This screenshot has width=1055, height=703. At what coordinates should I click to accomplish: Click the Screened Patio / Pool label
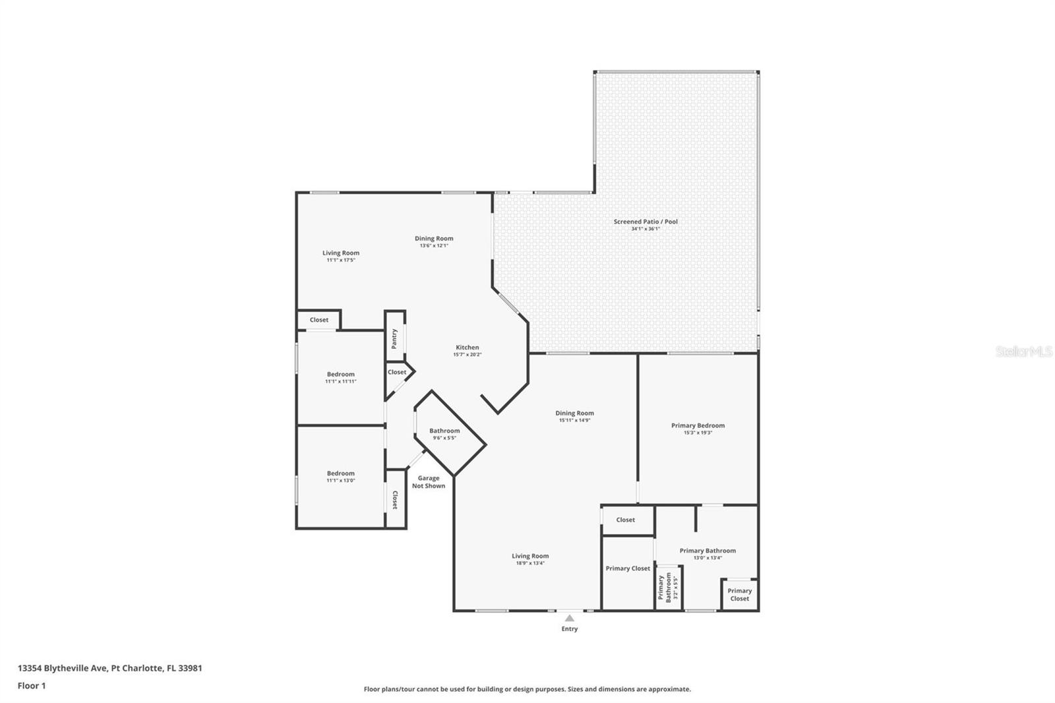[646, 222]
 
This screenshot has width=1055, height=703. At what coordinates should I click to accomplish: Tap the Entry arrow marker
[570, 618]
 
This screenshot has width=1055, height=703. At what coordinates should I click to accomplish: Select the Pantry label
[394, 339]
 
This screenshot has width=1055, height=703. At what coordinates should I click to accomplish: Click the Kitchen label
[467, 348]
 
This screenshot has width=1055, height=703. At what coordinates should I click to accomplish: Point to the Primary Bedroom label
[698, 425]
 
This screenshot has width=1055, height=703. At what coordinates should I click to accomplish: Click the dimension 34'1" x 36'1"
[646, 229]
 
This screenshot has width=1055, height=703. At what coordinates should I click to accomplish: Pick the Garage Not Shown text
[429, 482]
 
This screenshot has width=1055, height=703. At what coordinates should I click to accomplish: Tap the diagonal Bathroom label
[444, 431]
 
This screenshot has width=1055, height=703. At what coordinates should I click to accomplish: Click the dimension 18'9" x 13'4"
[530, 563]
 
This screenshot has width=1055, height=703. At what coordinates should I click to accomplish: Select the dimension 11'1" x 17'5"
[341, 260]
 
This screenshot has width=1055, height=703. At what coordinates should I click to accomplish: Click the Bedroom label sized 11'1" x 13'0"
[341, 474]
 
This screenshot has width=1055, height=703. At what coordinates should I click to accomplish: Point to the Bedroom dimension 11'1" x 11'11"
[341, 382]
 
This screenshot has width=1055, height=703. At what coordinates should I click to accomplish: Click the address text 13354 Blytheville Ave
[63, 668]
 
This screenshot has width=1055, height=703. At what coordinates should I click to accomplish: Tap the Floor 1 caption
[32, 686]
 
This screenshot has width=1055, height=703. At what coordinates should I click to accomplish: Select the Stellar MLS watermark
[1024, 351]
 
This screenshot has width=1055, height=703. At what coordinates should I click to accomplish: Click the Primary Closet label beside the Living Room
[628, 568]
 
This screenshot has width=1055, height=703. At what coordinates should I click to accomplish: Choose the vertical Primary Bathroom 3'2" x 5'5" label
[669, 588]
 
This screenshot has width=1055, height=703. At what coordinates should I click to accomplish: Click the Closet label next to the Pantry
[397, 372]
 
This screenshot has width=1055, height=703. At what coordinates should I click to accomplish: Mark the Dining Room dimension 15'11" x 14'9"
[574, 420]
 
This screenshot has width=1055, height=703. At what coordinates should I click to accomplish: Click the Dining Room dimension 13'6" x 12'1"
[435, 245]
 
